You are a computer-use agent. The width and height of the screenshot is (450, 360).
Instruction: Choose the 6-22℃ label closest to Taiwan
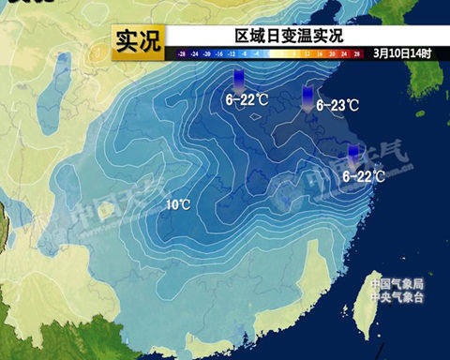(x=364, y=175)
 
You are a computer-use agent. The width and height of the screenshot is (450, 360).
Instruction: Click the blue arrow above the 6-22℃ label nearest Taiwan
(x=353, y=155)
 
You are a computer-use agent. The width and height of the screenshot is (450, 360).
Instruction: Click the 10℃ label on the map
(x=179, y=203)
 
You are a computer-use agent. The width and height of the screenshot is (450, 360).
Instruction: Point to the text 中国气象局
(x=397, y=283)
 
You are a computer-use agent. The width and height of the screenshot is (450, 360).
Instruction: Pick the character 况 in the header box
(x=150, y=39)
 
